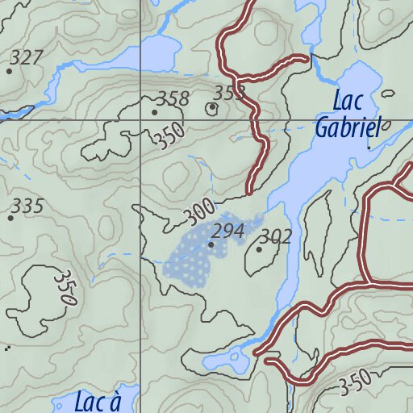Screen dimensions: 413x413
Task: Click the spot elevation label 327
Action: click(27, 58)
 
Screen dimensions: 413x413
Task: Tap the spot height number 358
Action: click(173, 99)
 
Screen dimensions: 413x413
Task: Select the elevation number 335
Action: click(28, 206)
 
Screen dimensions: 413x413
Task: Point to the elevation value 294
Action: click(229, 232)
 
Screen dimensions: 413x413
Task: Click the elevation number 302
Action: click(275, 237)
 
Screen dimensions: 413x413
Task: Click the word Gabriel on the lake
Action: click(347, 127)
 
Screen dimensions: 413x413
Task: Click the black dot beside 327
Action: click(9, 71)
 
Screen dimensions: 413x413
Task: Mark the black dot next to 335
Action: click(10, 218)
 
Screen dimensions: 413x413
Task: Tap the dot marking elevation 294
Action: click(211, 244)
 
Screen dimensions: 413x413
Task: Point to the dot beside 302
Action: click(259, 249)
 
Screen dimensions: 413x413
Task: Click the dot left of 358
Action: click(154, 112)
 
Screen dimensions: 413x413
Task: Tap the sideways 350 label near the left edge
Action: click(65, 286)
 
